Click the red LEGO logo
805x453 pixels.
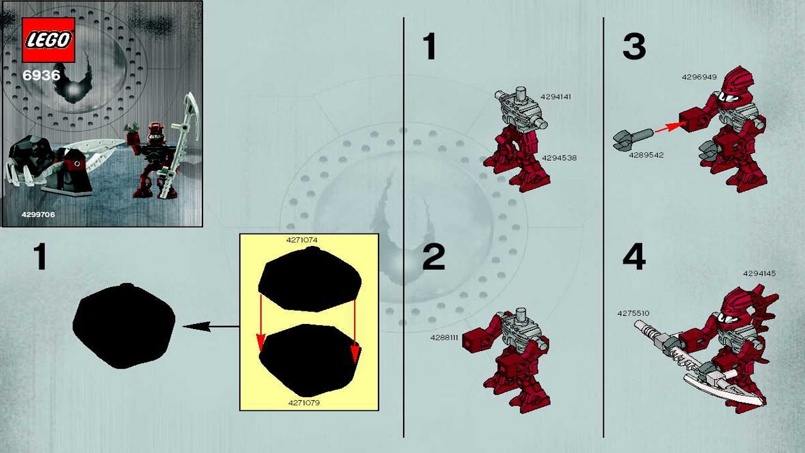coord(48,40)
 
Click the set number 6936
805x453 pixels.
coord(42,75)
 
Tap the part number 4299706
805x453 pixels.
coord(38,215)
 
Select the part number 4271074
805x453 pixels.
coord(302,240)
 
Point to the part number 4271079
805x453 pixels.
coord(304,403)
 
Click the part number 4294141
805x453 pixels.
coord(555,97)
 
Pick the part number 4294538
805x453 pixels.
coord(559,158)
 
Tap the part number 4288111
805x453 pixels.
coord(444,338)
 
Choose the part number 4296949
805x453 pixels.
coord(699,77)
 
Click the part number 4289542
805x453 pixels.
coord(646,155)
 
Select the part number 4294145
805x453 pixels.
coord(759,274)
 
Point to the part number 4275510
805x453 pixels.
coord(633,313)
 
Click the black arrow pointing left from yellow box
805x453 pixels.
coord(211,327)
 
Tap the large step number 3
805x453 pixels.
coord(634,47)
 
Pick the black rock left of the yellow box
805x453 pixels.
coord(124,326)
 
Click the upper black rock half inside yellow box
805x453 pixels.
coord(309,279)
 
